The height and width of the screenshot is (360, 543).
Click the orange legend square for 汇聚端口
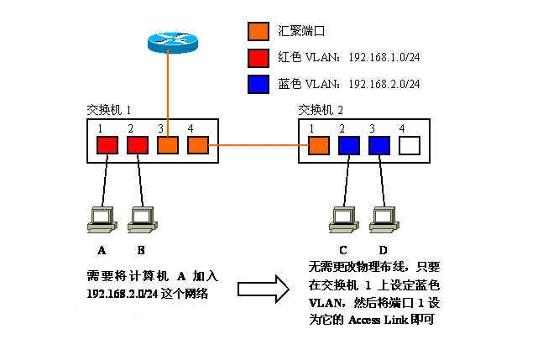[258, 32]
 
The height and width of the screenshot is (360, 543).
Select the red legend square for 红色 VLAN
[258, 58]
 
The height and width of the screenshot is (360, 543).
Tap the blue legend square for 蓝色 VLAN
[258, 84]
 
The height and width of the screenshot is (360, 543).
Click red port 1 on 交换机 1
[107, 145]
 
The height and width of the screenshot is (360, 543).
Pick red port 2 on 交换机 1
[137, 145]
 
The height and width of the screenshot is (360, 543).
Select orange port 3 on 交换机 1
[168, 145]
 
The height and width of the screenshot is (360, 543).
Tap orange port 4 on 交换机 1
[198, 145]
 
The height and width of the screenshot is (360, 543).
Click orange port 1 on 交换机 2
[318, 145]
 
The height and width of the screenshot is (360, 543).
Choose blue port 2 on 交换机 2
[348, 145]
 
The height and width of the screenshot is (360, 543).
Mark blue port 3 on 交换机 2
[379, 145]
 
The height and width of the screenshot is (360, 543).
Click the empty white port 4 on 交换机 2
[410, 145]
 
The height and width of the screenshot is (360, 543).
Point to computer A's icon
[102, 219]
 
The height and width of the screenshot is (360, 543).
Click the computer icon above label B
[141, 219]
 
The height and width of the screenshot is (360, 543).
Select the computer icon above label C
[342, 219]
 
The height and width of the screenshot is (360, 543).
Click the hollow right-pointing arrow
[259, 290]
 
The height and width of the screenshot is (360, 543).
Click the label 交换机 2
[321, 110]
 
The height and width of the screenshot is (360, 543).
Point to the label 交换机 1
[109, 110]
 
